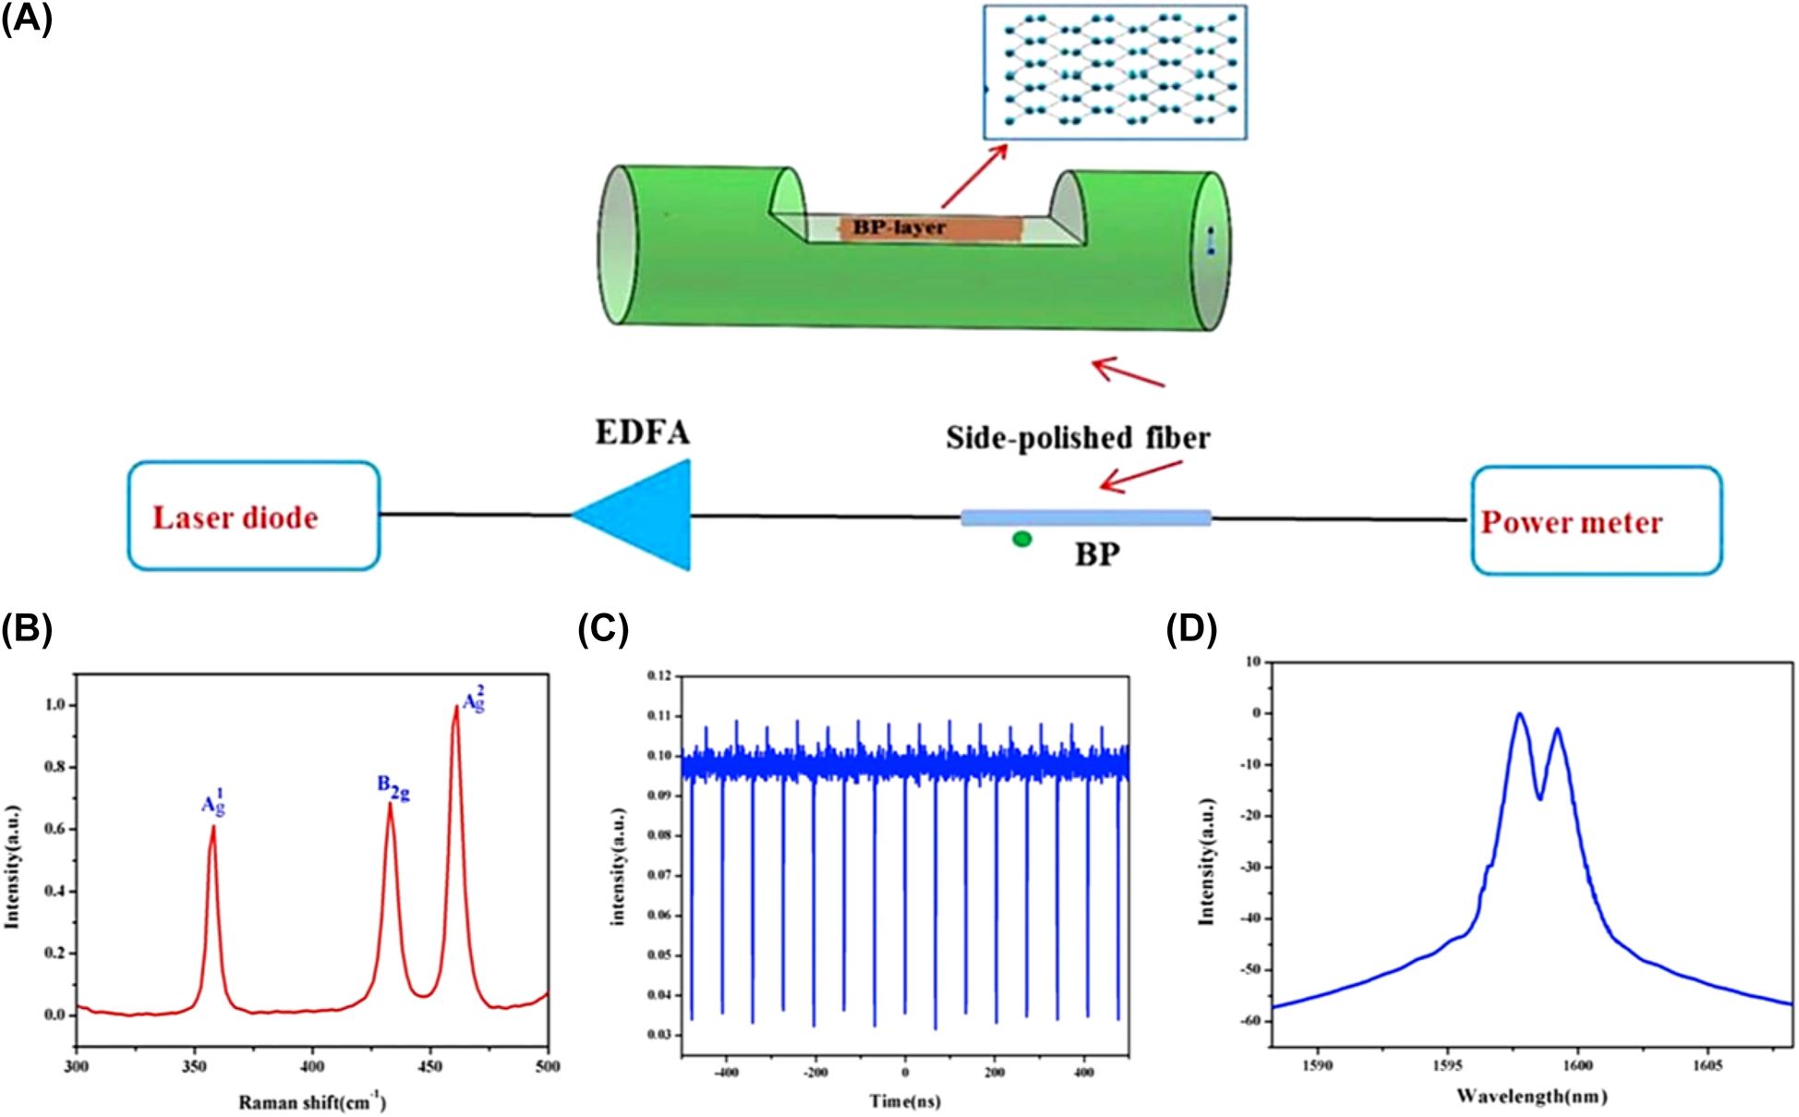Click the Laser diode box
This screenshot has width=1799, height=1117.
tap(253, 516)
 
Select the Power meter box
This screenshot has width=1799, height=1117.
tap(1596, 521)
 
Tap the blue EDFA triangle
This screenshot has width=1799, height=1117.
tap(646, 516)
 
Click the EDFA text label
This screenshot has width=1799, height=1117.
tap(642, 432)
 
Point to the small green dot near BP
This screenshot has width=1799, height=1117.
tap(1021, 539)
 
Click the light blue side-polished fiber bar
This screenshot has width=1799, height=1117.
tap(1085, 517)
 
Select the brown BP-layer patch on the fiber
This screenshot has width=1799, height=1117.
tap(930, 228)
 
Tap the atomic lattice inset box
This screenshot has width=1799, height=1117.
tap(1115, 72)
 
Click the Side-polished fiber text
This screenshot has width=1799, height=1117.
tap(1077, 437)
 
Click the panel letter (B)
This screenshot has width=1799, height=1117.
tap(27, 628)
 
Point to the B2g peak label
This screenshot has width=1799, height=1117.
tap(393, 787)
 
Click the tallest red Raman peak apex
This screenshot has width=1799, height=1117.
tap(455, 708)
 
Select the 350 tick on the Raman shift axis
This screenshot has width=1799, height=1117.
tap(194, 1066)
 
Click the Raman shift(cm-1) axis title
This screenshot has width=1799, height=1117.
tap(312, 1101)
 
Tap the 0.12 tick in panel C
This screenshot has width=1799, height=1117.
tap(658, 675)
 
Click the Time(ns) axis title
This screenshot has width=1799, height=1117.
tap(904, 1100)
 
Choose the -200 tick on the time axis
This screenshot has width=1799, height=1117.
tap(815, 1073)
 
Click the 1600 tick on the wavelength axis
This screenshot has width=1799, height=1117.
tap(1577, 1065)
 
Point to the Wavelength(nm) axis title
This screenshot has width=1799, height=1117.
tap(1531, 1096)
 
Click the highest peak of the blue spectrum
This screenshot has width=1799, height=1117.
tap(1518, 714)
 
